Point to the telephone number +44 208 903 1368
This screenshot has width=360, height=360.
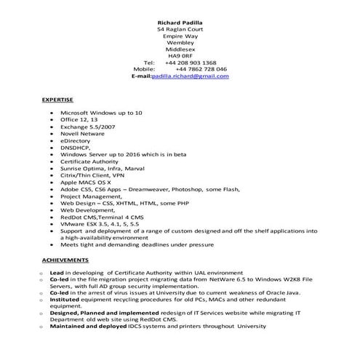[190, 63]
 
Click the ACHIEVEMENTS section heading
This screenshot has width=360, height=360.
[65, 259]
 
